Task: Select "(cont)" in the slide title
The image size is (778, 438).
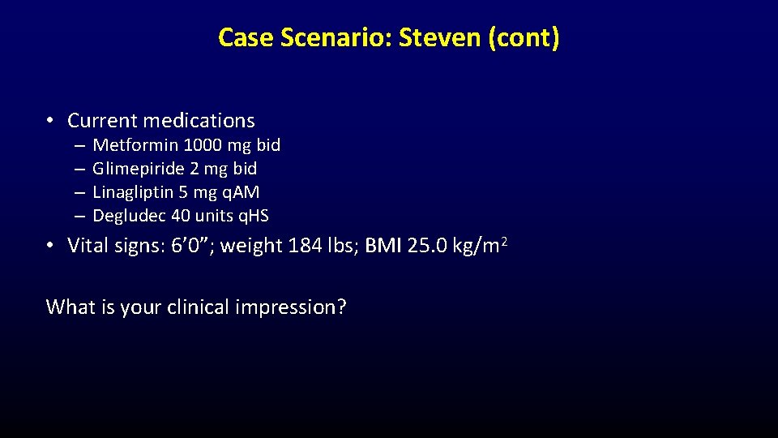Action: coord(524,37)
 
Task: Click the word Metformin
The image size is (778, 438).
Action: coord(135,145)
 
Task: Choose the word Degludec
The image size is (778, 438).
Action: coord(126,216)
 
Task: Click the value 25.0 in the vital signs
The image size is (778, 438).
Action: coord(428,245)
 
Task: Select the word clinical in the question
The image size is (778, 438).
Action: coord(194,307)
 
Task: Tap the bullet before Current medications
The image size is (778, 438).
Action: coord(50,121)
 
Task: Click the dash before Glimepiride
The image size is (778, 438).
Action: coord(79,169)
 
